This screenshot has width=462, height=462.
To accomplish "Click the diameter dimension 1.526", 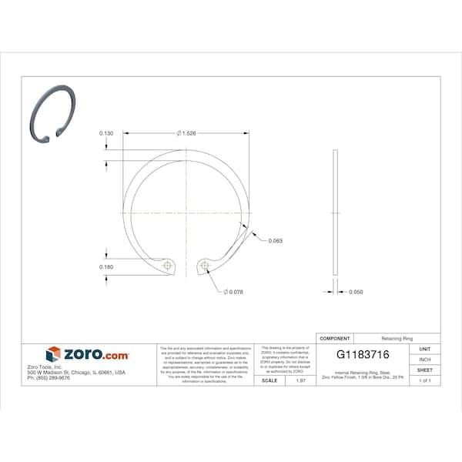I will click(187, 133).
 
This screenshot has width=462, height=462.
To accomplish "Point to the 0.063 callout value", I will click(275, 241).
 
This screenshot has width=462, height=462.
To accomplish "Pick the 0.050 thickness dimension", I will click(356, 292).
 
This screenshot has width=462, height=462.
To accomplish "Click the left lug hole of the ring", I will click(167, 266).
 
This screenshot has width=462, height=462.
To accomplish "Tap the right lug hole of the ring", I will click(204, 266).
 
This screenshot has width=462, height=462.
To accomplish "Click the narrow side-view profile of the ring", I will click(334, 212).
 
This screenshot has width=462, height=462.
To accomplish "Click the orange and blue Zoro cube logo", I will click(53, 354).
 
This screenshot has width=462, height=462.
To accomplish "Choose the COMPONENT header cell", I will click(335, 338).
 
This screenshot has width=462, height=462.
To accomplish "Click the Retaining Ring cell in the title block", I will click(397, 338).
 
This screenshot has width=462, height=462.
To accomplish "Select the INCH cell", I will click(424, 360).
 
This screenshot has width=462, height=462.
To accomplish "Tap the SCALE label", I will click(269, 380).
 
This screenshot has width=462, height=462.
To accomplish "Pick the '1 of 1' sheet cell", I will click(424, 380).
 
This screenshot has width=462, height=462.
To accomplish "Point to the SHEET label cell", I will click(424, 370).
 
